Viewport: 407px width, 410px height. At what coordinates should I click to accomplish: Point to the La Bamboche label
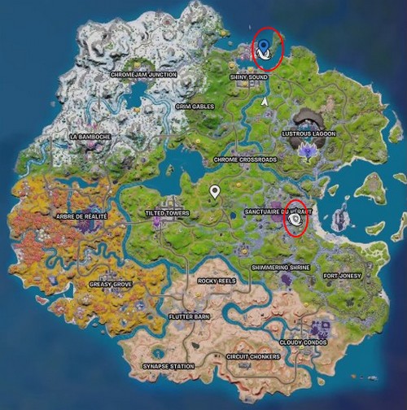tap(90, 137)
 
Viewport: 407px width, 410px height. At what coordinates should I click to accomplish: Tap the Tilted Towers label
tap(167, 213)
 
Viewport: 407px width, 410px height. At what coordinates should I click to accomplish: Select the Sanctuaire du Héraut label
tap(278, 212)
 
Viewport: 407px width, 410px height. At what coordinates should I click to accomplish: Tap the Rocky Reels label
tap(217, 281)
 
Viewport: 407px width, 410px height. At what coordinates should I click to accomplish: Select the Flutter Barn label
tap(189, 316)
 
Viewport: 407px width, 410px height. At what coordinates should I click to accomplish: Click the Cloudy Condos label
tap(304, 342)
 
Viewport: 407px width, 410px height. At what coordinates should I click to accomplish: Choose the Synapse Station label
tap(168, 367)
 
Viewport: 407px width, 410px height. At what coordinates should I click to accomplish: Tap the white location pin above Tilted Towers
tap(215, 192)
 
